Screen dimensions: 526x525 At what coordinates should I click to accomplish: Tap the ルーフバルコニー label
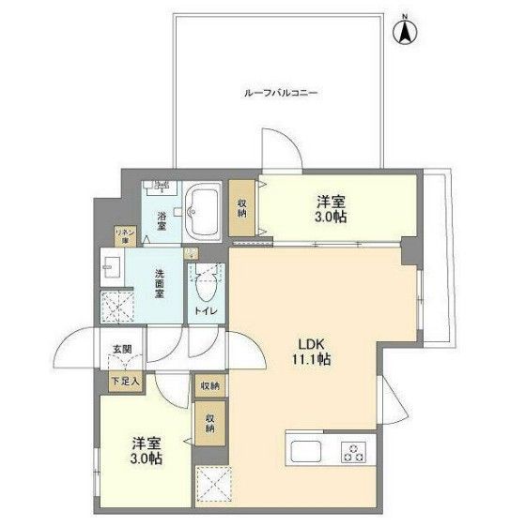coord(281,94)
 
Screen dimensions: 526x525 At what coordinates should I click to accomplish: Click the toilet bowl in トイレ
coord(205,283)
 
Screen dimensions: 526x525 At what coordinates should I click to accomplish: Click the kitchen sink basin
coord(307,451)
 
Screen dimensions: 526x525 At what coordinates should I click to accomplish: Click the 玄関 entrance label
coord(123,349)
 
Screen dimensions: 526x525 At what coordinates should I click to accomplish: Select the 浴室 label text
coord(162,221)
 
